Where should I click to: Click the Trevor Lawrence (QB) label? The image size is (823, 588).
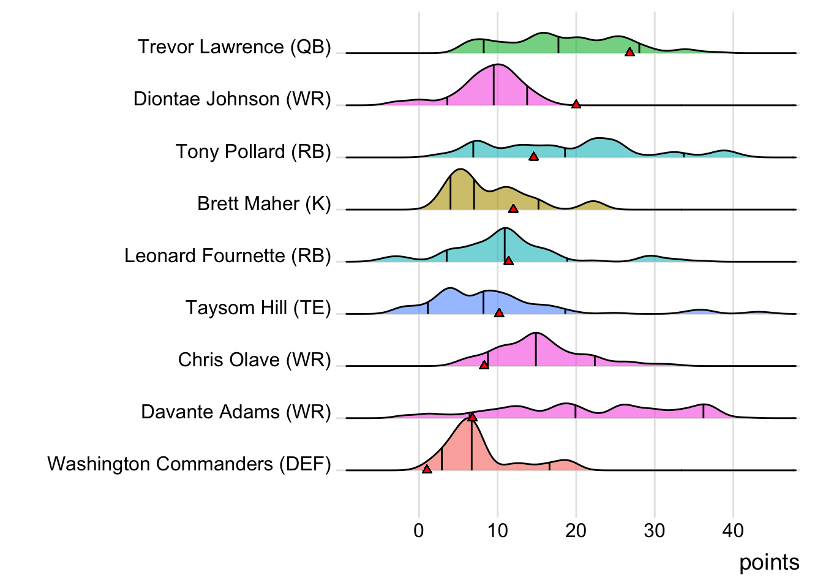tap(234, 47)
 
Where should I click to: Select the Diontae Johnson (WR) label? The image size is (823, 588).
tap(232, 99)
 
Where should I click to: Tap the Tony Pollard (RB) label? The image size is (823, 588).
tap(253, 151)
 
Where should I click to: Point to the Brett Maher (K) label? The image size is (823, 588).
tap(264, 203)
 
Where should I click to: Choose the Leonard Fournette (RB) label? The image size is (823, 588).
tap(227, 255)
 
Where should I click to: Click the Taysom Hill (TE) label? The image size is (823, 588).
tap(258, 307)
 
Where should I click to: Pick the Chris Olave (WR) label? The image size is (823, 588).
tap(254, 360)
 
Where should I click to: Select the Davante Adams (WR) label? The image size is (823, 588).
tap(236, 412)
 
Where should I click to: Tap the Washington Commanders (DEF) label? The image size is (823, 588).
tap(189, 464)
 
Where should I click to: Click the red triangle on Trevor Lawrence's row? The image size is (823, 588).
tap(629, 52)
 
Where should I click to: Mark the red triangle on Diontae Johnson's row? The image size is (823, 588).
tap(576, 104)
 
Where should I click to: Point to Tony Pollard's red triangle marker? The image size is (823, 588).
tap(533, 157)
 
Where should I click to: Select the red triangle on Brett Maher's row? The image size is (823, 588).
tap(513, 209)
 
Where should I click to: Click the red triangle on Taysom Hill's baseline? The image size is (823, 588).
tap(499, 313)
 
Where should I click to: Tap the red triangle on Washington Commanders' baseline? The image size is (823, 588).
tap(427, 469)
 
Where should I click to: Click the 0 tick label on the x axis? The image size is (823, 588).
tap(419, 530)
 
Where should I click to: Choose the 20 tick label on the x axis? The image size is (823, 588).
tap(576, 530)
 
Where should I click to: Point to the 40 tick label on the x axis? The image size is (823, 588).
tap(733, 530)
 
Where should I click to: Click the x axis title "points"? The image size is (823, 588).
tap(769, 562)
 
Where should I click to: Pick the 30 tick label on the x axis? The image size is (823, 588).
tap(655, 530)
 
